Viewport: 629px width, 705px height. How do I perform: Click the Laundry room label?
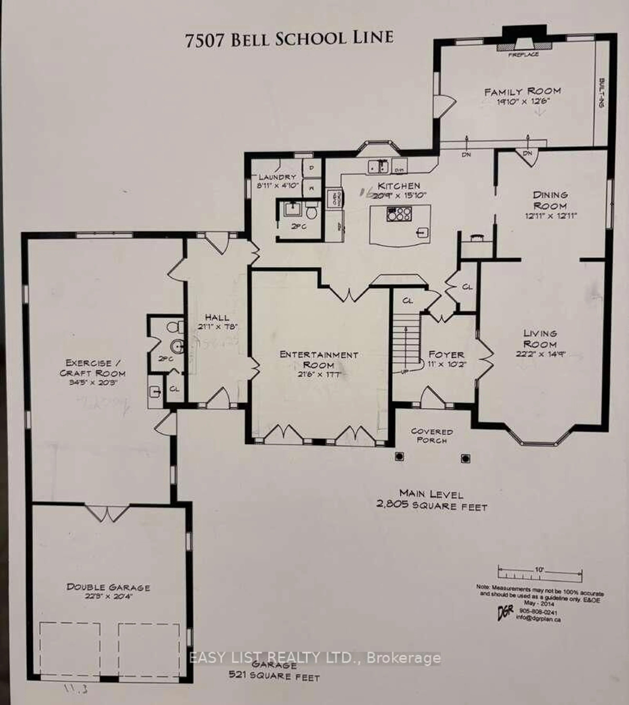277,177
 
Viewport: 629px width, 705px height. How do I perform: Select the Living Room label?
540,339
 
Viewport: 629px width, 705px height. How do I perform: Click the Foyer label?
446,355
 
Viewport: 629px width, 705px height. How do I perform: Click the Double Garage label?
108,587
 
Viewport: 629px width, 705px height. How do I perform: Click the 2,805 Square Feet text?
432,507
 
